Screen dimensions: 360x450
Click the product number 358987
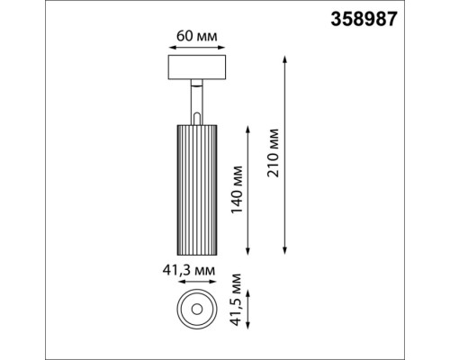click(x=392, y=17)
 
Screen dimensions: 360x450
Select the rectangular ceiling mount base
click(x=194, y=68)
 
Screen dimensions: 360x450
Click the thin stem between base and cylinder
click(x=195, y=100)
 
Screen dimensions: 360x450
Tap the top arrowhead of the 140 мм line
click(x=250, y=125)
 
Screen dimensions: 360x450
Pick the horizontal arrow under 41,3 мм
click(x=194, y=282)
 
